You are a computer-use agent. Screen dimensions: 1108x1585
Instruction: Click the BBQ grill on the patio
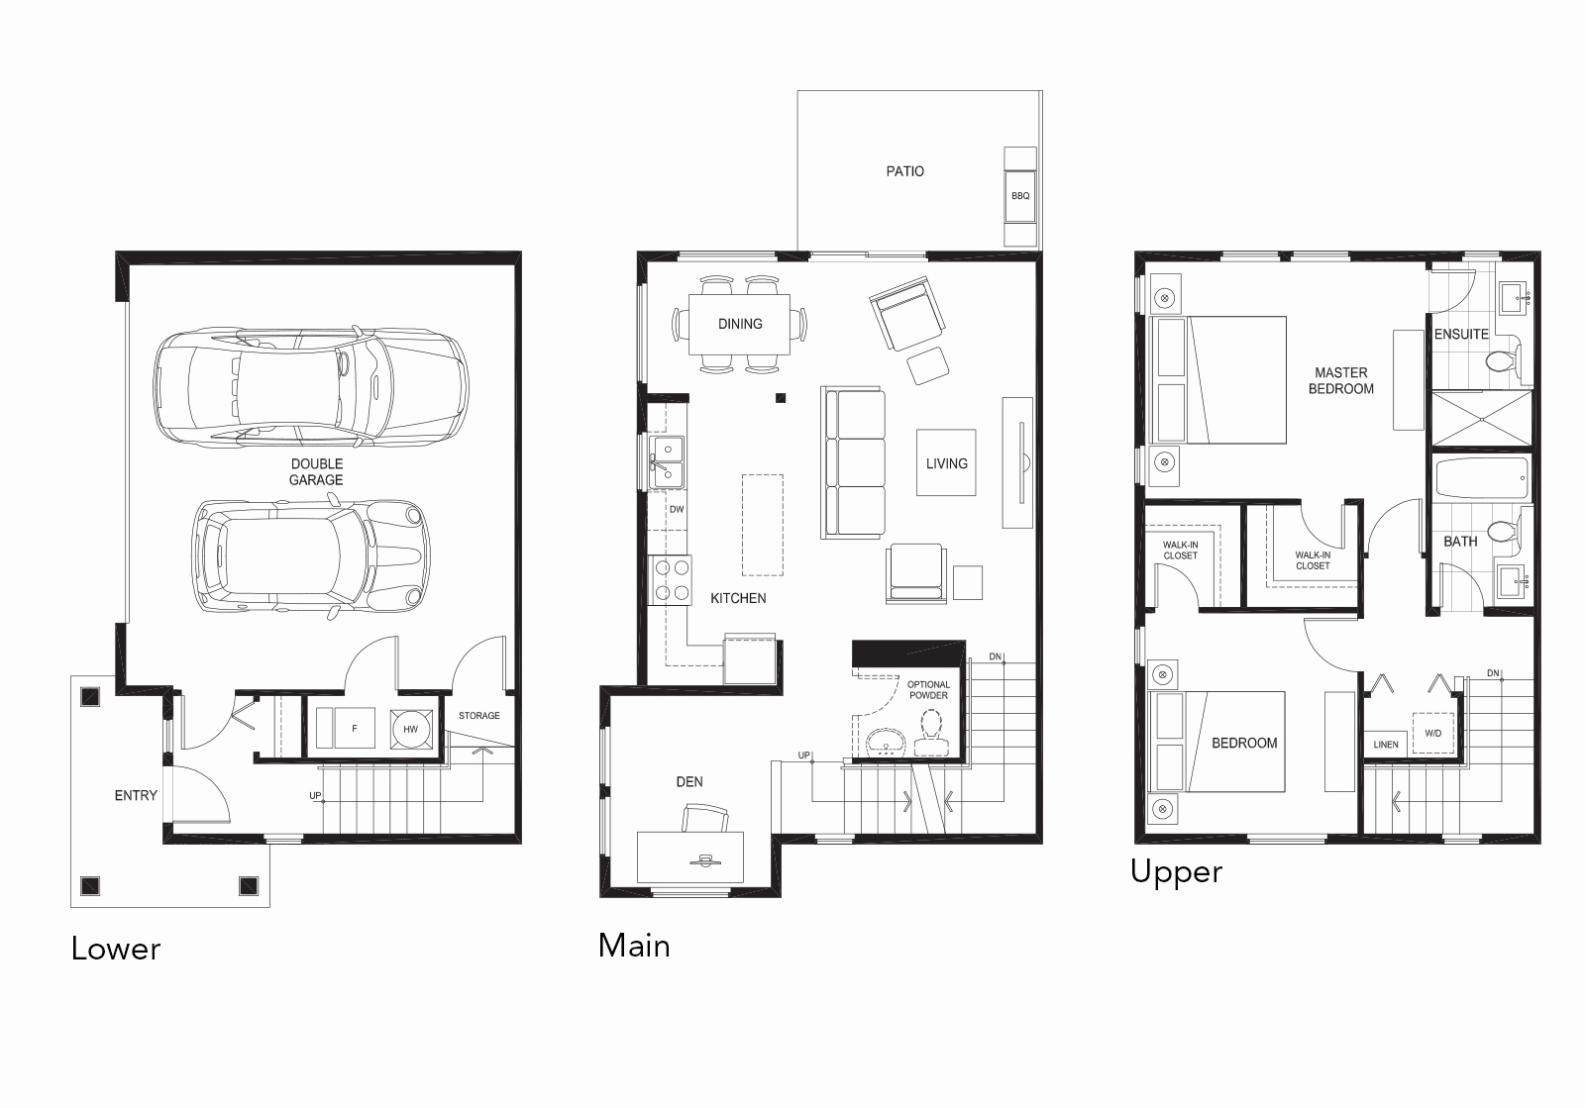[1020, 196]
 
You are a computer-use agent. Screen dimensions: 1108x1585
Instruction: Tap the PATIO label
[904, 171]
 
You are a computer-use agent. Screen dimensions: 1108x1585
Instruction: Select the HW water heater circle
[410, 730]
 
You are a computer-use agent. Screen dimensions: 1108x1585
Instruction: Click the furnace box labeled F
[354, 730]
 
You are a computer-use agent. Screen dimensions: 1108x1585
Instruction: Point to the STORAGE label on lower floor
[478, 715]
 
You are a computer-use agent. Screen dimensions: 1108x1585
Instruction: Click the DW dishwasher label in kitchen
[677, 510]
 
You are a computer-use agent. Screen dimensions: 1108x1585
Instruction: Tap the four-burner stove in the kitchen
[670, 580]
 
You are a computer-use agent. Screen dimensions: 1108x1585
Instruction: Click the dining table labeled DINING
[740, 324]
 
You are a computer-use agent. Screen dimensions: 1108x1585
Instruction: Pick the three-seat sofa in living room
[853, 463]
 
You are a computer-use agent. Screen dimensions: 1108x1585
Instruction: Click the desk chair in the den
[704, 819]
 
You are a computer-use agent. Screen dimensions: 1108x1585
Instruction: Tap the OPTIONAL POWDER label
[928, 689]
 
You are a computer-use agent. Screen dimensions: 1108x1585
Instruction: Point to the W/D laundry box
[1433, 734]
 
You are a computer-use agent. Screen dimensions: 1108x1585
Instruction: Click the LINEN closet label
[1386, 745]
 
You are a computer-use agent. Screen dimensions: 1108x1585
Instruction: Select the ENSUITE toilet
[1502, 361]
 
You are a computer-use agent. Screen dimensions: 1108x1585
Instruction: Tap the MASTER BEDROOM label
[1340, 380]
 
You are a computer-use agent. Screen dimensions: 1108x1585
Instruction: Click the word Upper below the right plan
[1176, 871]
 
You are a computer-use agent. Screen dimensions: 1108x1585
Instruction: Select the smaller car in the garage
[312, 555]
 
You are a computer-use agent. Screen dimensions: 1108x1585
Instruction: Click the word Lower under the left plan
[116, 949]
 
